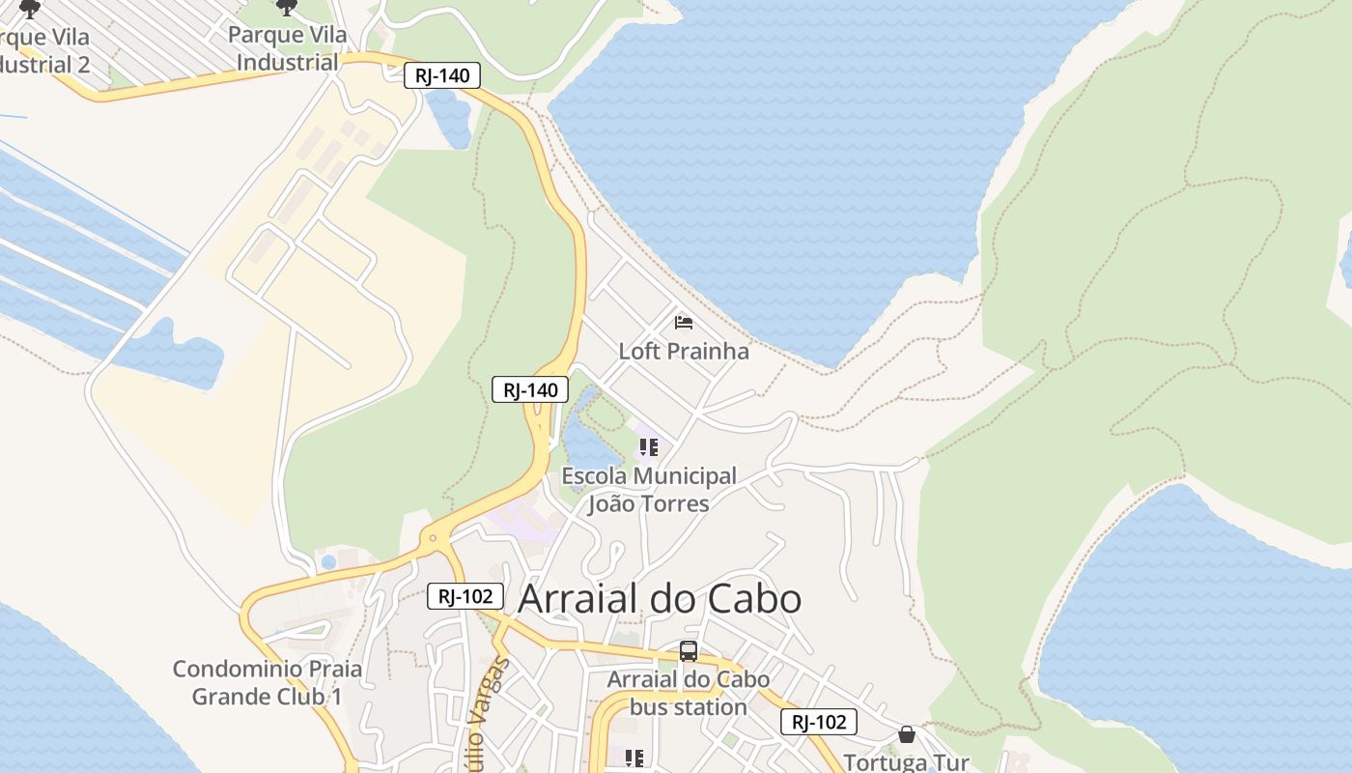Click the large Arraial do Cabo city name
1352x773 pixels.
coord(660,599)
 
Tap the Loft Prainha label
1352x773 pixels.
coord(683,351)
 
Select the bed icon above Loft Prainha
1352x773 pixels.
coord(684,322)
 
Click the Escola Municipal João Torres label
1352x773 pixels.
coord(648,490)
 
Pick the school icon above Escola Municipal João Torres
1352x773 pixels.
coord(648,447)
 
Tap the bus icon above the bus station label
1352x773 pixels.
coord(688,651)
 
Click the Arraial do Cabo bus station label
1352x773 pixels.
coord(688,693)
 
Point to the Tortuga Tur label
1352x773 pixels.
coord(906,761)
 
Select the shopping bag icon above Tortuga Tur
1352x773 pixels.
coord(906,734)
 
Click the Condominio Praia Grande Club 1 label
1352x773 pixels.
coord(268,682)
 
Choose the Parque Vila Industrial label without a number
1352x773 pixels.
coord(287,49)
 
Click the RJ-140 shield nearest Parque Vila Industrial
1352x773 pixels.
coord(441,75)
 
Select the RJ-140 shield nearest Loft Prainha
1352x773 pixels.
coord(530,390)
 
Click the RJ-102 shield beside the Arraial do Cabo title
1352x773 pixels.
coord(465,596)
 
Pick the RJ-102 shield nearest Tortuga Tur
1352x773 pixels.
coord(818,722)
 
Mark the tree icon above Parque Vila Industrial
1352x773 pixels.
coord(287,8)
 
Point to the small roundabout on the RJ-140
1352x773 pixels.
coord(433,537)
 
